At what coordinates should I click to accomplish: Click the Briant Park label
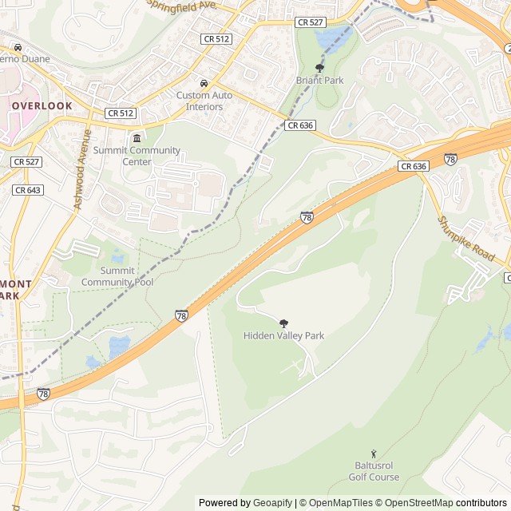[x=319, y=81]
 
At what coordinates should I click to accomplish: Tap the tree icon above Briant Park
[x=320, y=68]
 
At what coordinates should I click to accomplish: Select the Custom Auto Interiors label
[x=204, y=101]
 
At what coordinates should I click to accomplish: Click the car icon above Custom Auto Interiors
[x=204, y=83]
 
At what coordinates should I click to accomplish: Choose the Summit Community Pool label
[x=117, y=276]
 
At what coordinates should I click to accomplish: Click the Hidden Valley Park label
[x=283, y=336]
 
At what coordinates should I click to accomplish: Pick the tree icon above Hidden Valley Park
[x=283, y=323]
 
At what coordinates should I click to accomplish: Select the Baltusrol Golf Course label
[x=374, y=471]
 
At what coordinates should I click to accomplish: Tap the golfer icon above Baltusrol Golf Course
[x=374, y=454]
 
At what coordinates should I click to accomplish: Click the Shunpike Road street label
[x=466, y=238]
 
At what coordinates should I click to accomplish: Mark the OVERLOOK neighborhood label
[x=42, y=105]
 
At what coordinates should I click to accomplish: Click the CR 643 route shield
[x=28, y=190]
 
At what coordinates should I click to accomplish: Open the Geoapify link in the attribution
[x=272, y=503]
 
